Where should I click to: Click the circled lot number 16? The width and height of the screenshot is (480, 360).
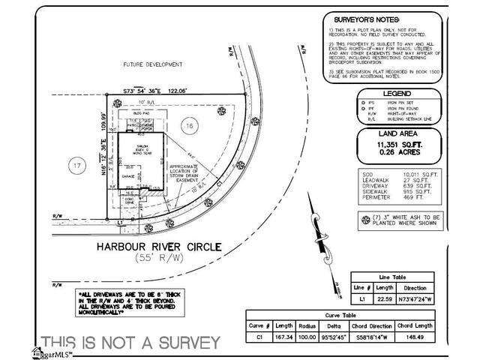[190, 127]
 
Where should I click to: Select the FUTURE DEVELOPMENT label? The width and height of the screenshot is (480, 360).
[154, 65]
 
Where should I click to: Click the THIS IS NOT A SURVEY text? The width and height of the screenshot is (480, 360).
[130, 343]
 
